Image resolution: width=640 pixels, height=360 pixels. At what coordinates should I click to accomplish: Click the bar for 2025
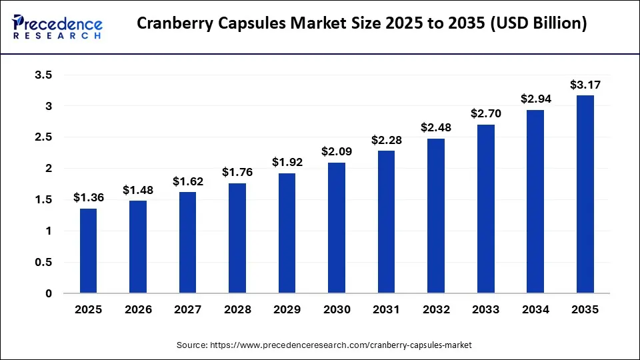(88, 251)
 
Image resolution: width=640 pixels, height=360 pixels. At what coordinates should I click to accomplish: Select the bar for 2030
(337, 228)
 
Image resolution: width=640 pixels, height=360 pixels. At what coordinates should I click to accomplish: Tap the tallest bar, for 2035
(585, 194)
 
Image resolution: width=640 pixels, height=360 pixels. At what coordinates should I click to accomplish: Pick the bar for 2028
(237, 238)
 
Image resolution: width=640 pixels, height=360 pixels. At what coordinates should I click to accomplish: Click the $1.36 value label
(88, 197)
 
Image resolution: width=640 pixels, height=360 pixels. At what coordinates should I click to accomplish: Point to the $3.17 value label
(585, 85)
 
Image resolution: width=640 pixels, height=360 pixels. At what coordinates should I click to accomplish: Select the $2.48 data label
(436, 127)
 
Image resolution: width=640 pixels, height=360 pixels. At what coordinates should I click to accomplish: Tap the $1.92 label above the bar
(287, 162)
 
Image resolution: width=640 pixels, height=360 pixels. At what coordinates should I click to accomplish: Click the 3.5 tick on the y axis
(43, 75)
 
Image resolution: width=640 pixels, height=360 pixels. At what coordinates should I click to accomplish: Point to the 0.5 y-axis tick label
(43, 262)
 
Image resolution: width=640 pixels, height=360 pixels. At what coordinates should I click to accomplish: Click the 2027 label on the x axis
(187, 310)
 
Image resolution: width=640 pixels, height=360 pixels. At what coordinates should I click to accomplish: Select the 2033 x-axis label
(485, 310)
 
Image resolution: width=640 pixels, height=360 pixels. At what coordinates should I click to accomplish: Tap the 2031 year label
(386, 310)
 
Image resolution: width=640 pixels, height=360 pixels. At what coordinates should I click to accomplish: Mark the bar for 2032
(436, 216)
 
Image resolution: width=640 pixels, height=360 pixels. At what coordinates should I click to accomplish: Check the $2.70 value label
(485, 114)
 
